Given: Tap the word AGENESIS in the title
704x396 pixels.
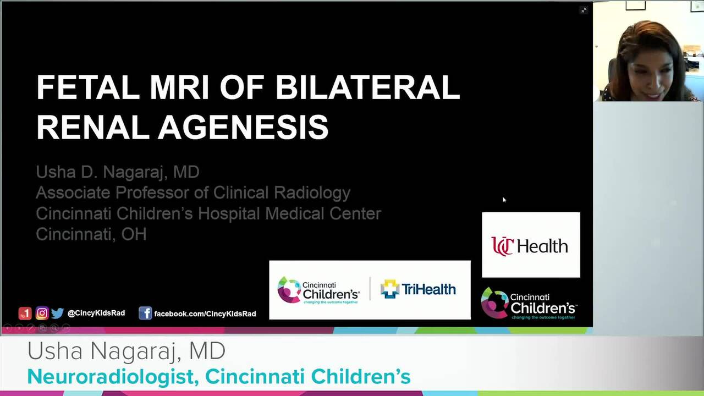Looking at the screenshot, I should coord(243,128).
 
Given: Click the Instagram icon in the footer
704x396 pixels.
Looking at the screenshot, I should coord(42,313).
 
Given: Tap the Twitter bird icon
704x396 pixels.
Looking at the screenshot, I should coord(57,313).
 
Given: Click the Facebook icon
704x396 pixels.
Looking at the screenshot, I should coord(145,313).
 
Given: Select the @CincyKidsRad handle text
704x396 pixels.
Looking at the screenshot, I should coord(96,313).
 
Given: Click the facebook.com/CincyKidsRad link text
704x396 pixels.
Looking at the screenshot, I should coord(205,313).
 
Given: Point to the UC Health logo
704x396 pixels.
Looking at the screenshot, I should coord(530,245).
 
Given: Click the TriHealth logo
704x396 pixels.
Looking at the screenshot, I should coord(418,289).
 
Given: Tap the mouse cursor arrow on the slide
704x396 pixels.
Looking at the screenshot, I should coord(504,200).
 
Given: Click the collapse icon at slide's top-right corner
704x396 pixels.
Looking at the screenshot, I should coord(584,10).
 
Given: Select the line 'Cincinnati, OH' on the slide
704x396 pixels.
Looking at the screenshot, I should coord(91,234).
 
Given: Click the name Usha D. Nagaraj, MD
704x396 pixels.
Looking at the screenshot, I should coord(118,172).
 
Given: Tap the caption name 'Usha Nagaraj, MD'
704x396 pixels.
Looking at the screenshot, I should coord(127,351).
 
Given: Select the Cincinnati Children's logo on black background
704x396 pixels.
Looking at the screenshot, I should coord(529,303).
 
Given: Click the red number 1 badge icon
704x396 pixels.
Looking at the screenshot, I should coord(25,313).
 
